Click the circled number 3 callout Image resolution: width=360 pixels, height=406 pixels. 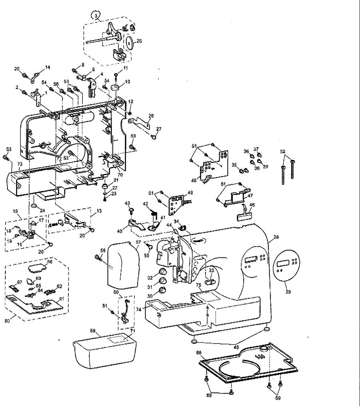[96, 16]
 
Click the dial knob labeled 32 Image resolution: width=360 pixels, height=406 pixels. [163, 272]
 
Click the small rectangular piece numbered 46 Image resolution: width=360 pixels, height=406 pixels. [245, 217]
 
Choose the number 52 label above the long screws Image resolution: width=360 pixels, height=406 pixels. [283, 151]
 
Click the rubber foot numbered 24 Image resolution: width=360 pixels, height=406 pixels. [34, 206]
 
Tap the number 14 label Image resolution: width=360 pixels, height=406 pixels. [48, 67]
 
